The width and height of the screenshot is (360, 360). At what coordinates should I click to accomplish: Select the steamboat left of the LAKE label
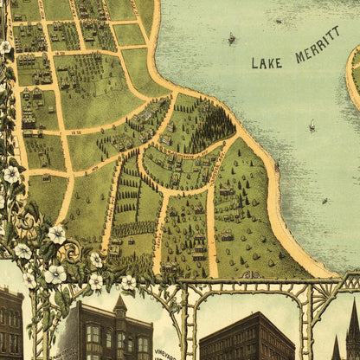click(x=231, y=39)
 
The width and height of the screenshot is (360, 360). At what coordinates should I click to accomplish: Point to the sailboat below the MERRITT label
click(x=312, y=127)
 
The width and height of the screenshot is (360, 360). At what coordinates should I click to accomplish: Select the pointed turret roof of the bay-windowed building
click(x=120, y=305)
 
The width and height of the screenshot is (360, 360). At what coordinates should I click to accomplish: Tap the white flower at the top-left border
click(x=6, y=47)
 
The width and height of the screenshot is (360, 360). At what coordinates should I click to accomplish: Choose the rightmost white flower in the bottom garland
click(x=128, y=282)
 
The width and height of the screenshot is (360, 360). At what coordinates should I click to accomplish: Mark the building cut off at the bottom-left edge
click(x=10, y=325)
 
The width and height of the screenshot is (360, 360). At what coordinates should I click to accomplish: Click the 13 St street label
click(x=74, y=132)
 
